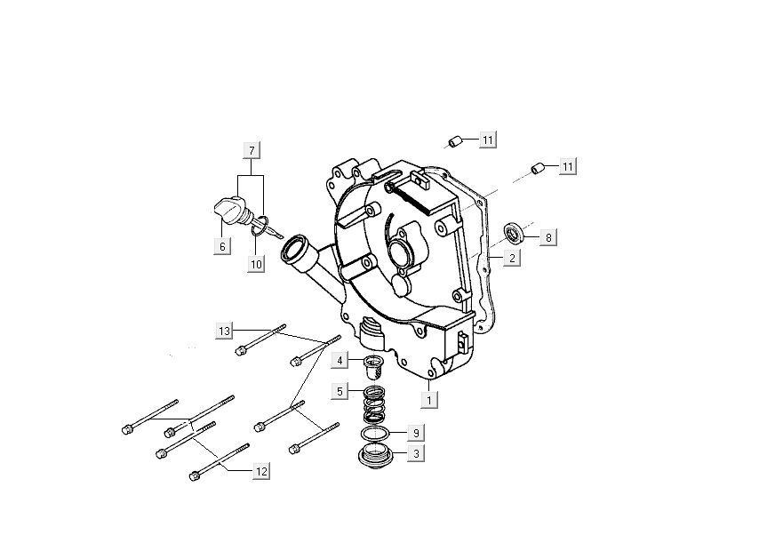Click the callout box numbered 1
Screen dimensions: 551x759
429,401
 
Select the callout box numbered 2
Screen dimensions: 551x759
513,259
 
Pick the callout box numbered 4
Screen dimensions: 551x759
340,360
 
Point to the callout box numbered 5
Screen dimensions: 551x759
340,390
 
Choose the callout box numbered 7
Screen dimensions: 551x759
252,149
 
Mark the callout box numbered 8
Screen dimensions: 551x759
548,237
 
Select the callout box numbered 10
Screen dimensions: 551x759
256,264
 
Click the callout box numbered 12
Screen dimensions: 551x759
260,472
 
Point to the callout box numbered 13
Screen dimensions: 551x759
225,331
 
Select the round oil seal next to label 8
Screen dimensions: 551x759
514,235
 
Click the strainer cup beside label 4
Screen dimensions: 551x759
372,365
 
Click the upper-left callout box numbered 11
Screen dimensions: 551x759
488,140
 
